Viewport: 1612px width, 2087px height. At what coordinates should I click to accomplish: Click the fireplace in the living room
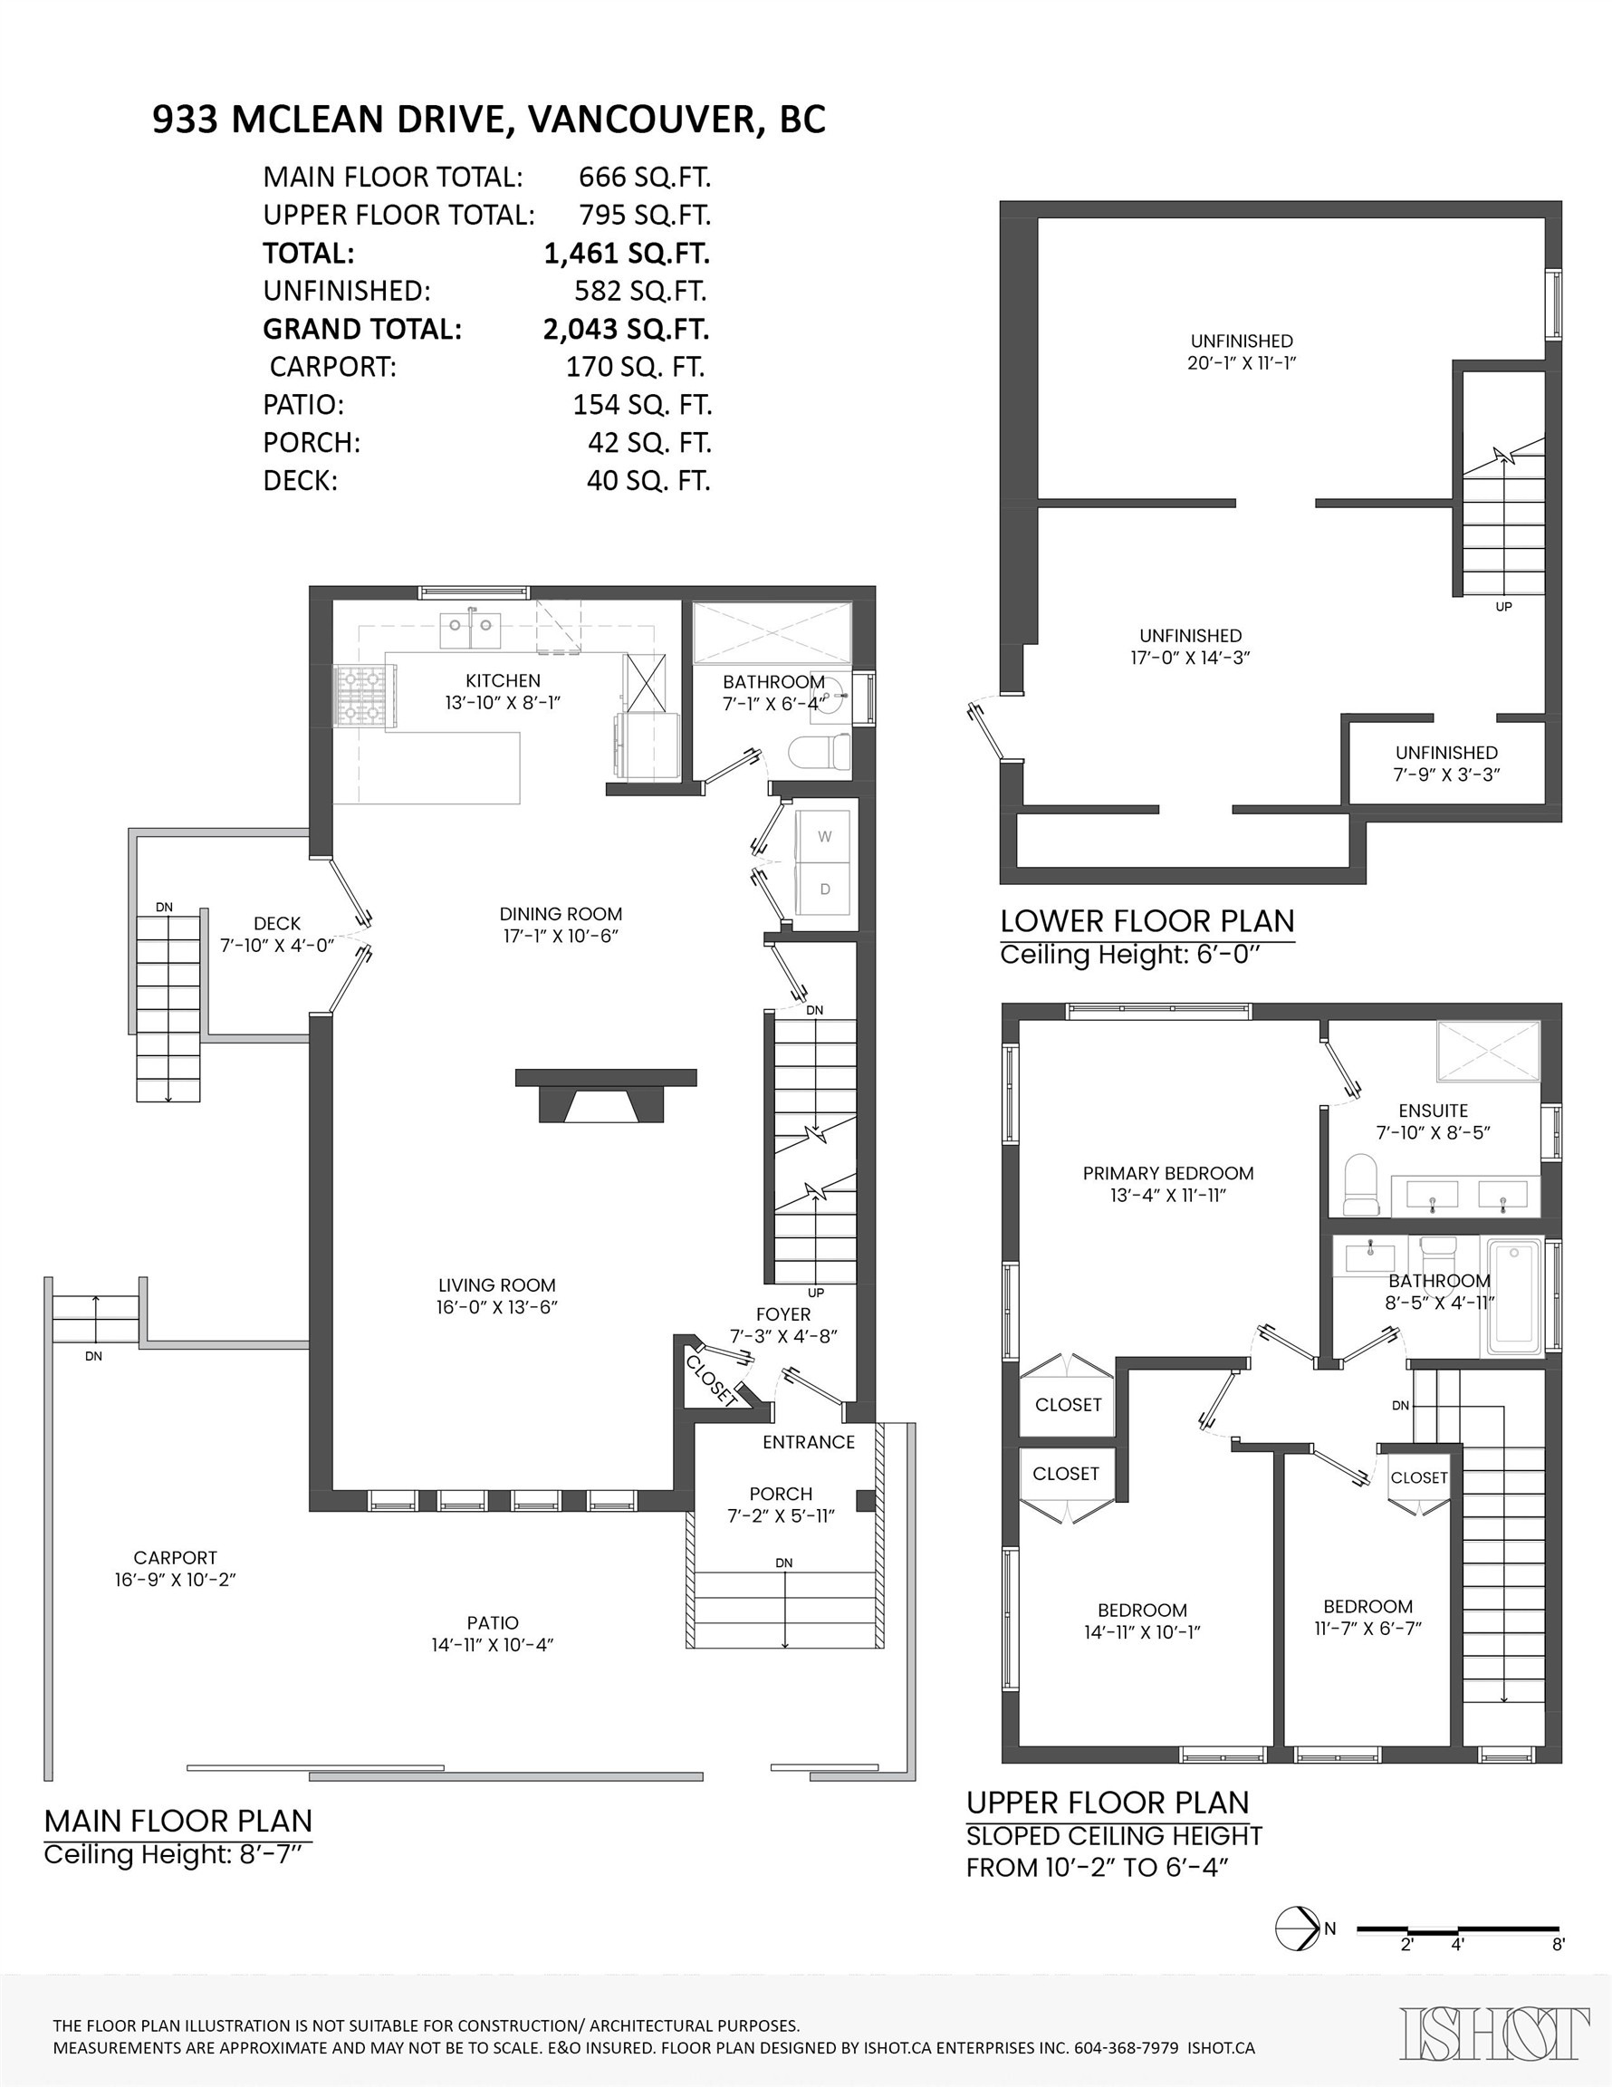(605, 1095)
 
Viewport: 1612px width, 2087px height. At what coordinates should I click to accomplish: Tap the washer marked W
(825, 836)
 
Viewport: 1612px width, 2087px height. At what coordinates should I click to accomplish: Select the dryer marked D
(825, 890)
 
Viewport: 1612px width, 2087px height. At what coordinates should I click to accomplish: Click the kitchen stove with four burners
(359, 694)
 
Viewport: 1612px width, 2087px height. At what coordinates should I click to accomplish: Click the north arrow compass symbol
(1297, 1928)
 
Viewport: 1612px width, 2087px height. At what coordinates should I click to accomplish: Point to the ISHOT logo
(1495, 2034)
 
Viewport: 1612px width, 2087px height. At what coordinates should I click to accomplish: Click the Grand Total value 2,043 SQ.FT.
(626, 329)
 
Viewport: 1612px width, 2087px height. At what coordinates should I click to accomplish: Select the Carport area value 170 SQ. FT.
(635, 367)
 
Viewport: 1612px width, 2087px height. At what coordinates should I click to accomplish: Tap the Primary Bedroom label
(1167, 1173)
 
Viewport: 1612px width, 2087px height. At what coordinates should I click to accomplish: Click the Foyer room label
(782, 1314)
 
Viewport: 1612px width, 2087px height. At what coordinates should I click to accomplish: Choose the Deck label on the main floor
(277, 923)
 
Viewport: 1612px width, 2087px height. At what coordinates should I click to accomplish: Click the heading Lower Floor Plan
(1147, 921)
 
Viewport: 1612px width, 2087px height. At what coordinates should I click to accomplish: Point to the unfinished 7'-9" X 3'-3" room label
(1445, 764)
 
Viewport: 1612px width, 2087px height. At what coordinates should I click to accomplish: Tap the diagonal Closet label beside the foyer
(712, 1380)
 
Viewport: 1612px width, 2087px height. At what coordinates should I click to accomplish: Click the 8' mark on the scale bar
(1558, 1945)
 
